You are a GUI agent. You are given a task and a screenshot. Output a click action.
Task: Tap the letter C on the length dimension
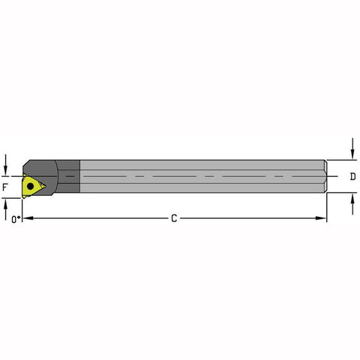(x=174, y=218)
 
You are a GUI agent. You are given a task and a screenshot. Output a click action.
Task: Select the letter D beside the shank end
(x=352, y=178)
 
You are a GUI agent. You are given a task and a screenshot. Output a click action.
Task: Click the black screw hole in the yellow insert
(x=31, y=183)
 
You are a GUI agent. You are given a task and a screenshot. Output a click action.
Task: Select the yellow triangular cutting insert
(x=33, y=184)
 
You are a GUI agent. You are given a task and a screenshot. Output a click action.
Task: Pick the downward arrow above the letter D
(x=352, y=153)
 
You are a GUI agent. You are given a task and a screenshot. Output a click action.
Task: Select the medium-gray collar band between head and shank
(x=70, y=178)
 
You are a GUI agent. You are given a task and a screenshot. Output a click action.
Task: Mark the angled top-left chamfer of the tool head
(x=26, y=164)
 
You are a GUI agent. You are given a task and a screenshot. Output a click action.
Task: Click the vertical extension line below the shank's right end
(x=327, y=208)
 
